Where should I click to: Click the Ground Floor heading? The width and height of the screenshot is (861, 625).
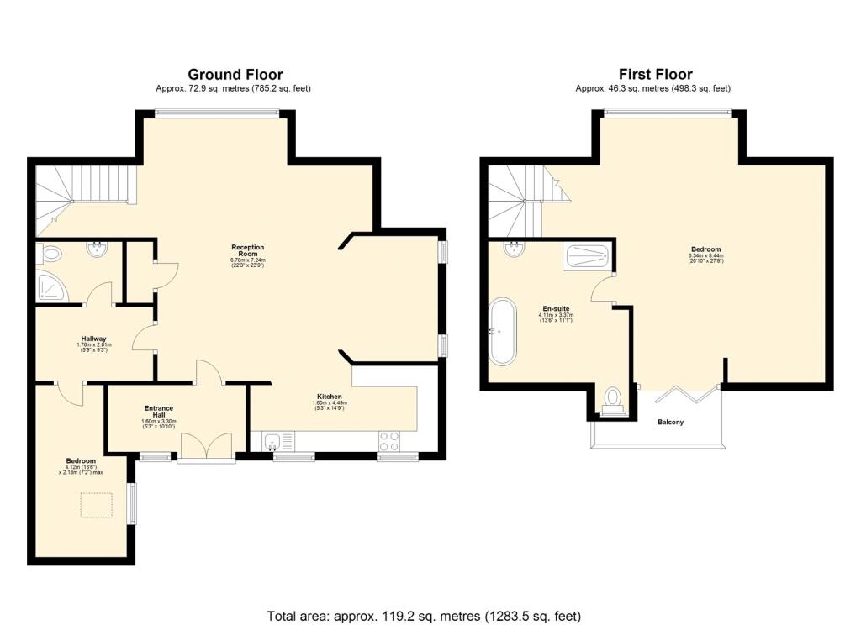235,75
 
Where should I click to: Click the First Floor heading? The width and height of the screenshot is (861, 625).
655,75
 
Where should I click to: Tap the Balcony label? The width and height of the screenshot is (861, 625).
670,422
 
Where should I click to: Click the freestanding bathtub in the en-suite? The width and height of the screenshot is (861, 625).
504,331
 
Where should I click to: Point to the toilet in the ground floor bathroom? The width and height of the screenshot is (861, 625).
51,252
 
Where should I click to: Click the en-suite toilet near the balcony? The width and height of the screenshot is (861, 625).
612,397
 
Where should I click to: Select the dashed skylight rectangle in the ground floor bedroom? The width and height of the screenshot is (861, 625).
97,505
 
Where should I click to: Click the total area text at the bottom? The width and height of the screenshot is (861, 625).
424,616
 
